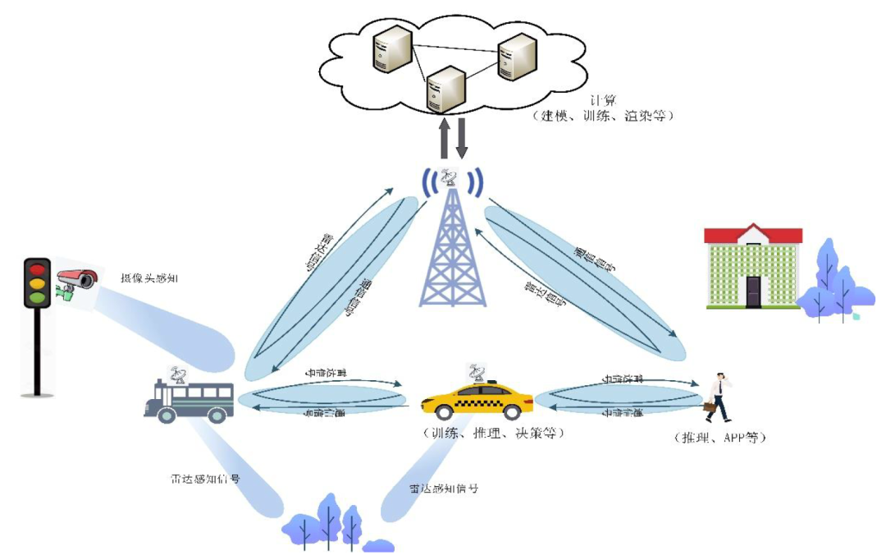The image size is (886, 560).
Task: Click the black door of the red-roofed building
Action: [x=753, y=291]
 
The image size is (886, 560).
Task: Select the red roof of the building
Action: [x=753, y=236]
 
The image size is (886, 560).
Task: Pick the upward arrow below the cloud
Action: [x=444, y=138]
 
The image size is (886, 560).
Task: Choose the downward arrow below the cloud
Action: [x=461, y=138]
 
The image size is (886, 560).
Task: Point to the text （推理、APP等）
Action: [x=719, y=438]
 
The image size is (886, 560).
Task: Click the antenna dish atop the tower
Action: [x=450, y=177]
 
